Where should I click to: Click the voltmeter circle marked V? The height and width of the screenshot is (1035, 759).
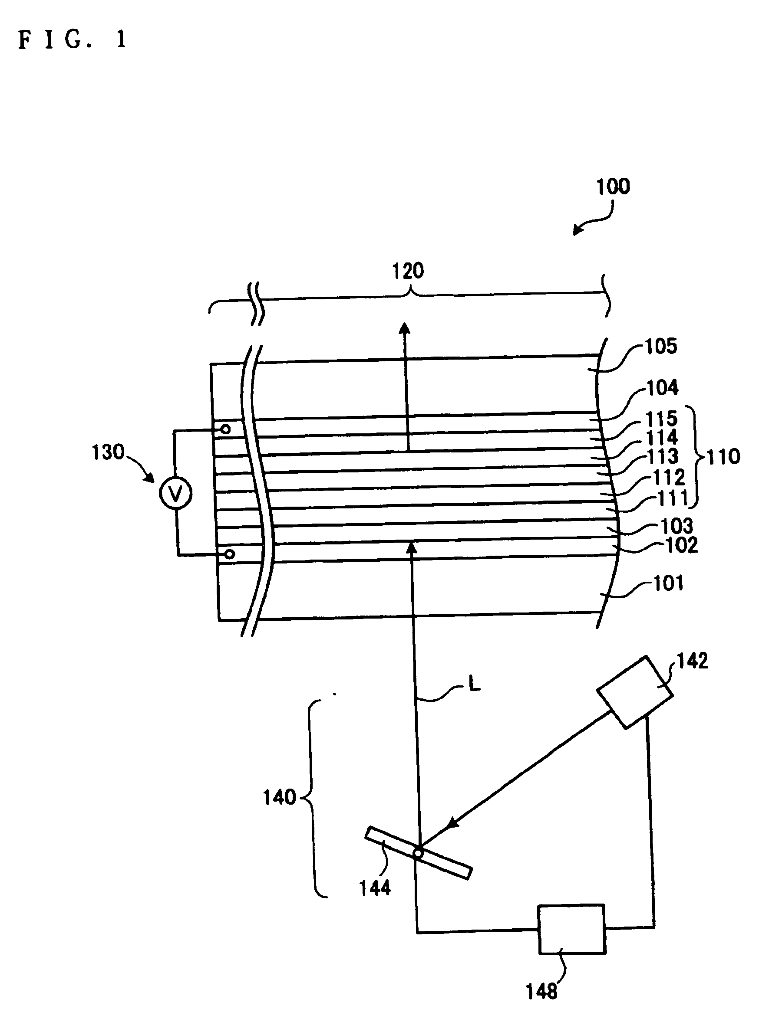click(x=175, y=493)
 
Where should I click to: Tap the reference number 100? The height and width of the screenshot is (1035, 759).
click(x=613, y=187)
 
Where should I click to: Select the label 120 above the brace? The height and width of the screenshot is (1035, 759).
click(x=408, y=271)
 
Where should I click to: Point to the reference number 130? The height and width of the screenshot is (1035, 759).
click(x=108, y=452)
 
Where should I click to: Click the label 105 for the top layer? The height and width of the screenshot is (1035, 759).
click(x=661, y=346)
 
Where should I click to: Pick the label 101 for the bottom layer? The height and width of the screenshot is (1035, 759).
click(x=669, y=583)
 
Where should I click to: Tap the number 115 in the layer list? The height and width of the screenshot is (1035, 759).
click(x=662, y=418)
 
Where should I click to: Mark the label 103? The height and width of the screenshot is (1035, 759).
click(x=677, y=526)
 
